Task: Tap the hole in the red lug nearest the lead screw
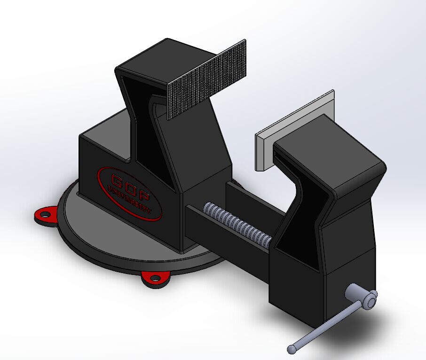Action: pos(154,278)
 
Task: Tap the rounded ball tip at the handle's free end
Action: pos(292,349)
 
